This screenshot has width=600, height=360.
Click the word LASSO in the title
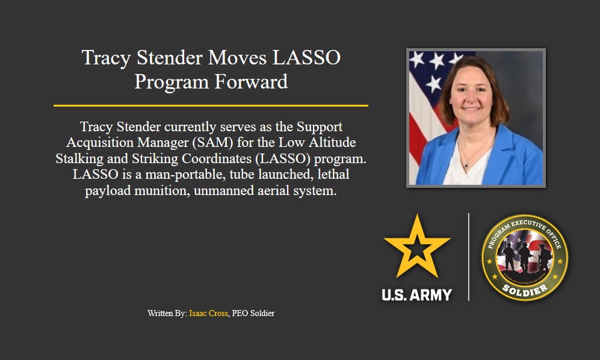coord(306,58)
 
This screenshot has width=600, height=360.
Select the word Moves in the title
coord(238,58)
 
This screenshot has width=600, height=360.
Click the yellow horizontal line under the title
coord(211,105)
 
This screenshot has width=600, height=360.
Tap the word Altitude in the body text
coord(330,143)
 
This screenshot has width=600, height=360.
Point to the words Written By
coord(167,314)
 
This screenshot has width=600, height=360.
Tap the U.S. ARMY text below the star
coord(416,294)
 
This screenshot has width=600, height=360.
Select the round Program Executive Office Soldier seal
coord(525,258)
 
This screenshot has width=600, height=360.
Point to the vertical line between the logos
coord(469,257)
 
